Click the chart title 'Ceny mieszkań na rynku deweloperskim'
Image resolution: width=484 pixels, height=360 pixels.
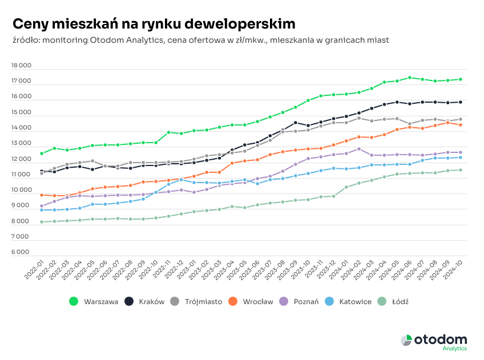154,23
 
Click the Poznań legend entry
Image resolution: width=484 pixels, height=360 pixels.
306,301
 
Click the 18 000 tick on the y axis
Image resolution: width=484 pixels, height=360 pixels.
22,66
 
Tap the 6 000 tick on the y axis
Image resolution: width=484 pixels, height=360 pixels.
22,252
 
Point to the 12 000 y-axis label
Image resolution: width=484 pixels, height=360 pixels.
22,159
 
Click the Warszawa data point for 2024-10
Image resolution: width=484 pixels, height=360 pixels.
461,79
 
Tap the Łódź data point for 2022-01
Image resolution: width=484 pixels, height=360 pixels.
42,222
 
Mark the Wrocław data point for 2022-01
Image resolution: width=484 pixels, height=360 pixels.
42,195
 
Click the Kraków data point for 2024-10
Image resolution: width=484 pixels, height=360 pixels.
461,102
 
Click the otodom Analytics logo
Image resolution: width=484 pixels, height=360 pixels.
434,341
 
